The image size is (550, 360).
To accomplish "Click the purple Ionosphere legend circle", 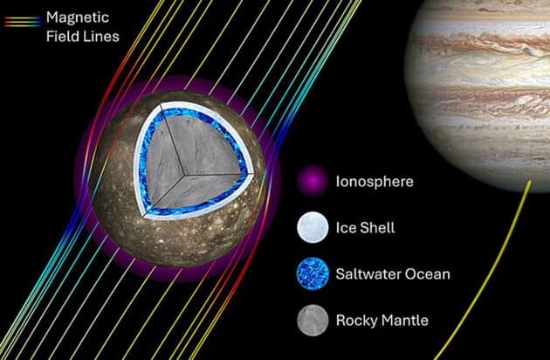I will point(312,182).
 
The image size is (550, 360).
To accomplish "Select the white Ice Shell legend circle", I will point(312,227).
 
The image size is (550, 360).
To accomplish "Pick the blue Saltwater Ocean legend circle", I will point(312,273).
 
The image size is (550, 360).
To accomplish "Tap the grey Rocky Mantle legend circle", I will point(312,320).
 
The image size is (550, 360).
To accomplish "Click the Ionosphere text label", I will point(375,182).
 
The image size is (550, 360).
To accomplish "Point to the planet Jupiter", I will point(485,79).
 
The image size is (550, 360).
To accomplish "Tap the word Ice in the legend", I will point(345,227).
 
